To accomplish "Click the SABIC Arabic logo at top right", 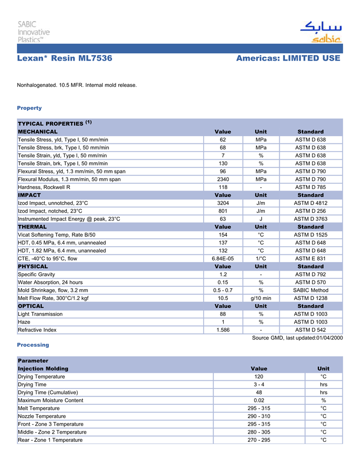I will (x=320, y=32).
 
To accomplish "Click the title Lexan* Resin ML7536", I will (x=64, y=59).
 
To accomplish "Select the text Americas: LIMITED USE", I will (x=288, y=59).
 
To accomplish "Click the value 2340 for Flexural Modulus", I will (x=223, y=179).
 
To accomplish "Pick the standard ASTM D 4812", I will (x=310, y=203).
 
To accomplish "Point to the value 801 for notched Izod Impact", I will (x=223, y=211).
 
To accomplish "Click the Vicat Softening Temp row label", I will (x=57, y=235).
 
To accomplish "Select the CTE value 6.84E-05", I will (x=223, y=258).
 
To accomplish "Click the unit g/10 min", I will (x=261, y=298).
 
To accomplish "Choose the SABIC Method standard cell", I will (x=310, y=290).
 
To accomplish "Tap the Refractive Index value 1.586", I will (x=223, y=330).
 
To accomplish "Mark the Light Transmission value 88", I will (x=223, y=314).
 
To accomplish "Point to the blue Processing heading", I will (x=33, y=345).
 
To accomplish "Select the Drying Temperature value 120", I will (x=259, y=377).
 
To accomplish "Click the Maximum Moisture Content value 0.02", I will (x=259, y=400).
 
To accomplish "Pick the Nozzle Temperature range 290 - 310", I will (x=259, y=416).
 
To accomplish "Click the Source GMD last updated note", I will (x=297, y=338).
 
